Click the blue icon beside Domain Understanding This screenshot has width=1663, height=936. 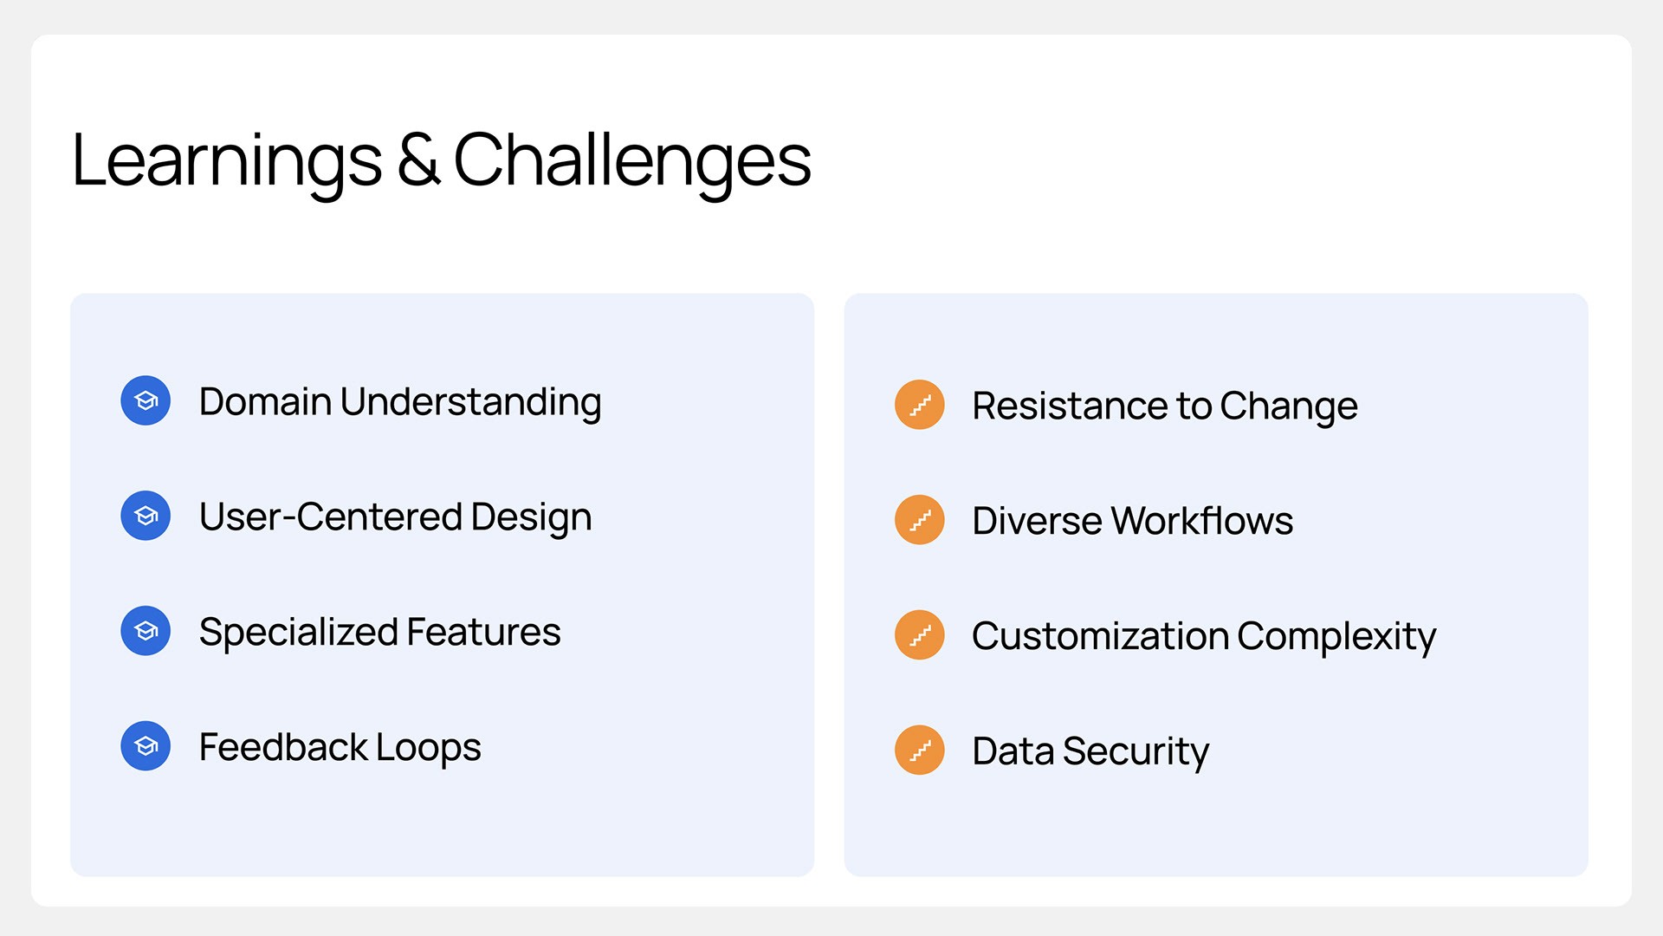(x=146, y=400)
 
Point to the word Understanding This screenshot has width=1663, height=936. (x=470, y=403)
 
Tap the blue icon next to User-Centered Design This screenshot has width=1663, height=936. (x=146, y=516)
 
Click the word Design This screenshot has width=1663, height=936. (x=531, y=518)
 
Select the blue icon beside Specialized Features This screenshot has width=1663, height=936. (x=146, y=631)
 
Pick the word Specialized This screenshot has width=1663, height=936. (x=298, y=634)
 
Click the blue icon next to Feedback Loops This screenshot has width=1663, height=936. (x=146, y=746)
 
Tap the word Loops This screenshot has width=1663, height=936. (x=428, y=749)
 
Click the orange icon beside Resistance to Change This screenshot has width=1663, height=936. (x=920, y=405)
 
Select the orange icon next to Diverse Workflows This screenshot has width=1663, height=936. (x=920, y=520)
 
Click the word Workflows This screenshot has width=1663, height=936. (x=1202, y=521)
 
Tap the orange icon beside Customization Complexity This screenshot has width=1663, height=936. (x=920, y=635)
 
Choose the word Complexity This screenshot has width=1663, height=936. (x=1336, y=638)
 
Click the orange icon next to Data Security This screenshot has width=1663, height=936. (x=920, y=751)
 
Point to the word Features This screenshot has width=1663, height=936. (x=483, y=632)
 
